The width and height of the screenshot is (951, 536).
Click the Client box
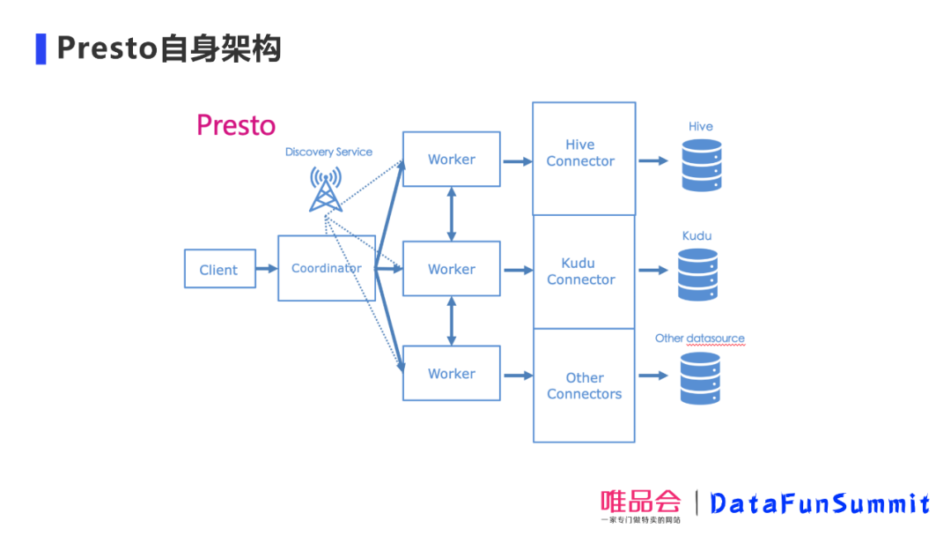[x=219, y=269]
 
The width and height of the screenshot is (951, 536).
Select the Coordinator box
[x=327, y=268]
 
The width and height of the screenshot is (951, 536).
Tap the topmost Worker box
[x=451, y=160]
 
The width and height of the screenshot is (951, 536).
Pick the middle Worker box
[x=451, y=269]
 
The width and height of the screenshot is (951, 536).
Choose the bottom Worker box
[x=451, y=374]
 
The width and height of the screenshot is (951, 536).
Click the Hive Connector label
[x=580, y=153]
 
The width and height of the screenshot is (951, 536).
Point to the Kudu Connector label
[x=580, y=272]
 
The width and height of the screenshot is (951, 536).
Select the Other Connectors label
[x=584, y=386]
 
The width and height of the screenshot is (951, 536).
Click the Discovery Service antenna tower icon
[x=326, y=189]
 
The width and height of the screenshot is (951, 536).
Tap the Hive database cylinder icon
[x=701, y=165]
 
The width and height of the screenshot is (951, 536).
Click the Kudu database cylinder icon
[x=698, y=274]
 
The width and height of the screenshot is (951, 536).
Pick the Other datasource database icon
[x=700, y=378]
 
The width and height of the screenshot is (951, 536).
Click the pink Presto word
[x=236, y=125]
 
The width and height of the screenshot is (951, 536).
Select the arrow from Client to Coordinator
[x=266, y=269]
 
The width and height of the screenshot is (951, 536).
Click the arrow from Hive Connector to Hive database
[x=652, y=160]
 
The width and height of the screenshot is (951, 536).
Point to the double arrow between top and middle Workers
[x=452, y=213]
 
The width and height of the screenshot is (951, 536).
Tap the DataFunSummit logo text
[x=819, y=504]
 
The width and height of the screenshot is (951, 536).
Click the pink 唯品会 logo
[x=640, y=502]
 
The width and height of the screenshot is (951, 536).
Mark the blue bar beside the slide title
[x=41, y=48]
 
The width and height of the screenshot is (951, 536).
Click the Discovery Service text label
[x=328, y=152]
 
